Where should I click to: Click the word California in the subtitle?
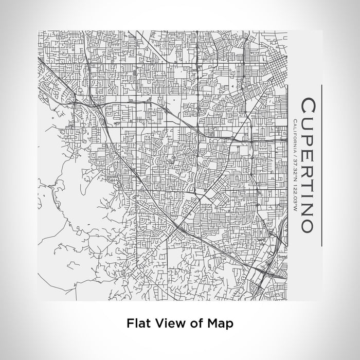294,135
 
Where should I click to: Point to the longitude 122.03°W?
294,195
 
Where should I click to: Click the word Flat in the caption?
137,324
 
